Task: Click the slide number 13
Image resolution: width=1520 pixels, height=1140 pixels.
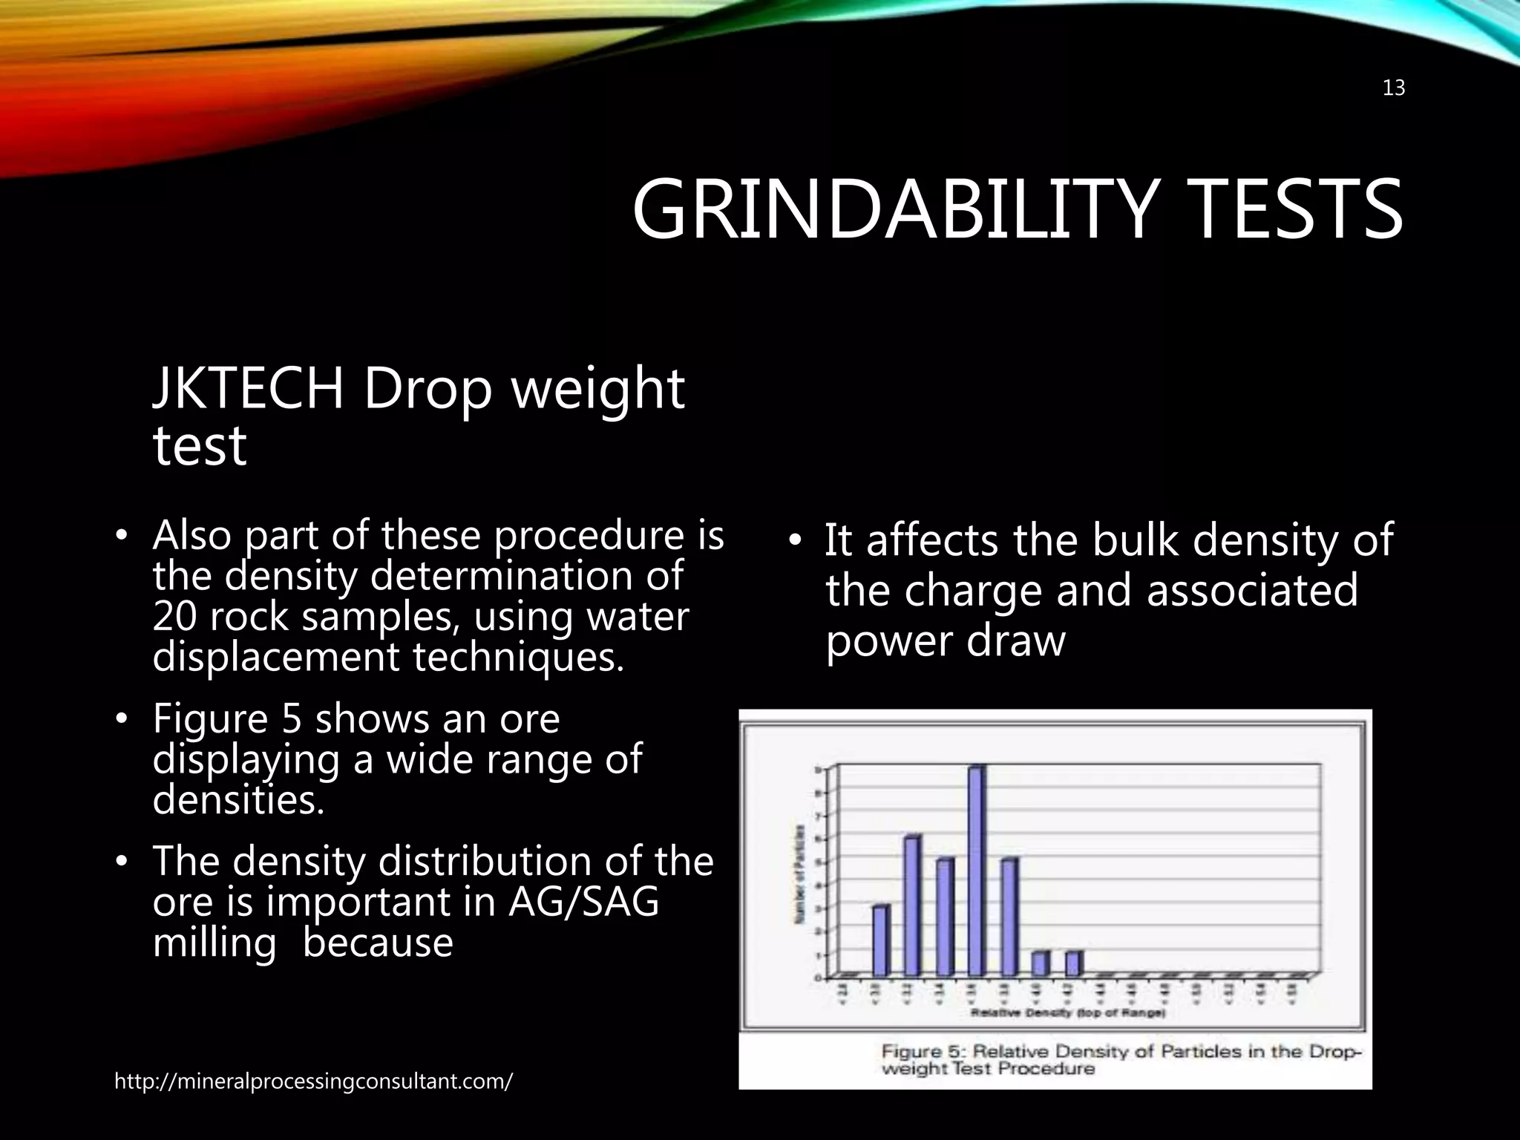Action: pos(1393,88)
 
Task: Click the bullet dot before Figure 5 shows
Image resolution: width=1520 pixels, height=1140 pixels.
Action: pos(122,719)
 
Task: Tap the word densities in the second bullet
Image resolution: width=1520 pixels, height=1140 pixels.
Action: pos(238,799)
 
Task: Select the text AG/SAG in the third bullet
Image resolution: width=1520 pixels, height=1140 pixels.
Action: pos(583,902)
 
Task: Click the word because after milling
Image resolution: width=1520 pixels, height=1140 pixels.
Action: pos(378,943)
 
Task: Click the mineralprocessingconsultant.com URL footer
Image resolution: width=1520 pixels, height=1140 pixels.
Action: pos(313,1081)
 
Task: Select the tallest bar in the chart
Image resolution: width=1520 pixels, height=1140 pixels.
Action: pos(977,871)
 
